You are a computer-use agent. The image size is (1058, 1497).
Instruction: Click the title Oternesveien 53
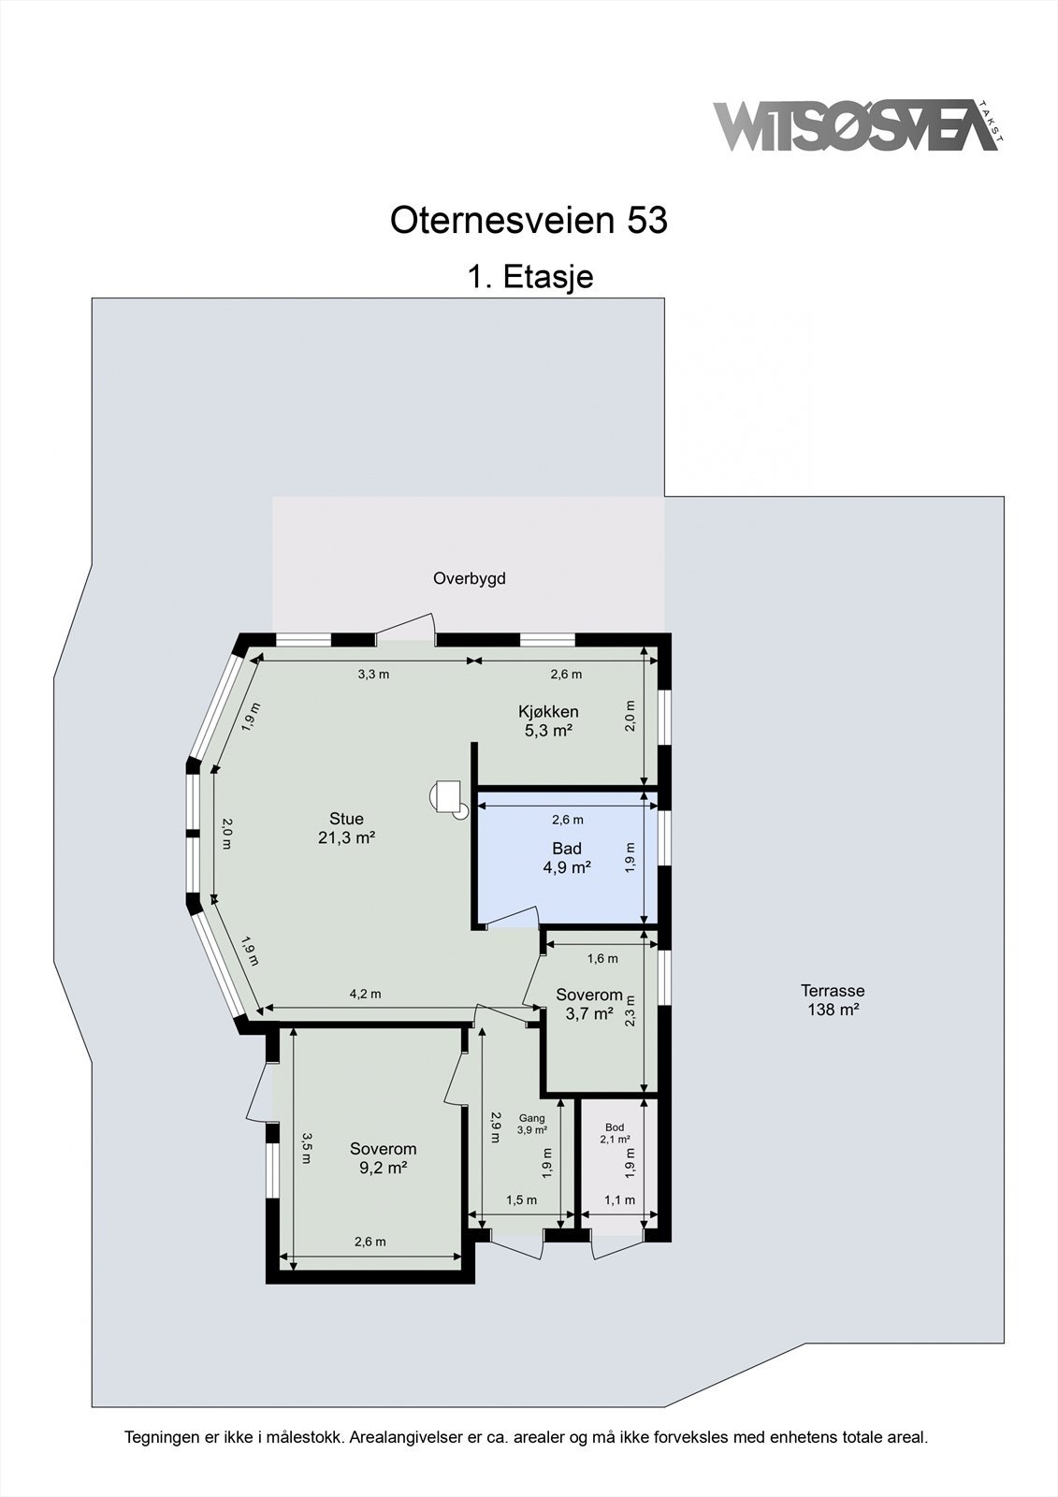529,221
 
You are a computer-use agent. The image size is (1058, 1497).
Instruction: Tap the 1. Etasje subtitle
530,277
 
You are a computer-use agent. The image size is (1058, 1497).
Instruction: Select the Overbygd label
469,579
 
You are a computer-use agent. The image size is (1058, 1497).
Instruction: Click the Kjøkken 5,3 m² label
548,721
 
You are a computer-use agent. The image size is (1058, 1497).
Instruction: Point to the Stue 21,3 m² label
346,829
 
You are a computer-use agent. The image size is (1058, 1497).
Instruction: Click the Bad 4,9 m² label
567,858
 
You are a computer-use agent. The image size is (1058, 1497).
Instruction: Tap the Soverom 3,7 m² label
588,1004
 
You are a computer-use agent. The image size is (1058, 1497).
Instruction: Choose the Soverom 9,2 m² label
383,1158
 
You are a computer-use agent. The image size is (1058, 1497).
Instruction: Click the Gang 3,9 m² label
532,1124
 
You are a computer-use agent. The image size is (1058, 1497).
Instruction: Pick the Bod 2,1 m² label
615,1133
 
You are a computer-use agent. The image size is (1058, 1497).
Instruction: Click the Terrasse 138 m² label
833,1000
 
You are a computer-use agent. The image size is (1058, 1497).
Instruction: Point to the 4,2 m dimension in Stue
365,995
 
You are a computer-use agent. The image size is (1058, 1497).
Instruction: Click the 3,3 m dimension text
373,675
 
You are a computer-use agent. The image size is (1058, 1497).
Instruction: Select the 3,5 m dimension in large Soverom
307,1148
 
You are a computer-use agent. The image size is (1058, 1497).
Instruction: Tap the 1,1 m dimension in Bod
619,1200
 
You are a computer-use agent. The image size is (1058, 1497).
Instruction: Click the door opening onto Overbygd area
406,629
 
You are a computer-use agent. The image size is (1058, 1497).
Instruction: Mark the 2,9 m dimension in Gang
495,1126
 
